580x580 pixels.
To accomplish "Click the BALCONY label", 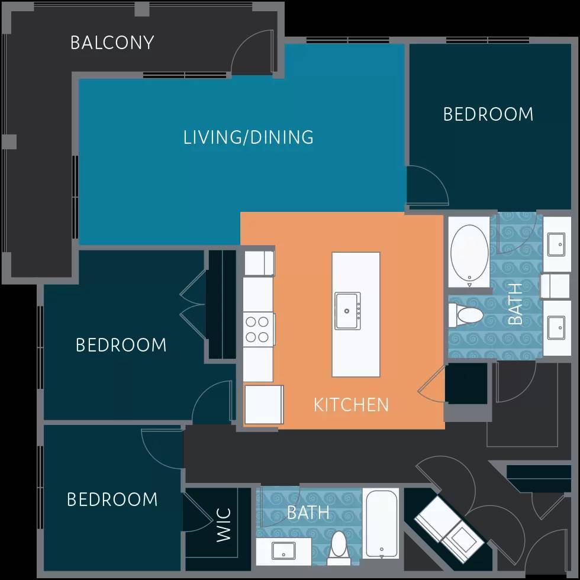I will pyautogui.click(x=112, y=43).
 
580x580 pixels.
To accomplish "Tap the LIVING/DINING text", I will pyautogui.click(x=249, y=137).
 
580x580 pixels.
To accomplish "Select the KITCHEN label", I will pyautogui.click(x=351, y=405).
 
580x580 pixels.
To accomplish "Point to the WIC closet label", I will pyautogui.click(x=224, y=524).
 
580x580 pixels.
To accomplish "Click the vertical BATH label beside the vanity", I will pyautogui.click(x=515, y=304).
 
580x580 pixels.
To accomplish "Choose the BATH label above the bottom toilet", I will pyautogui.click(x=308, y=512).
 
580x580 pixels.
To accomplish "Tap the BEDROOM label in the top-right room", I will pyautogui.click(x=488, y=114).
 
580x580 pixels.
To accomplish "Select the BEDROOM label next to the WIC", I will pyautogui.click(x=112, y=500).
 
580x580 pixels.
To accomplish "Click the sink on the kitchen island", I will pyautogui.click(x=347, y=310).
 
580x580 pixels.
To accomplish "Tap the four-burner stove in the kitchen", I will pyautogui.click(x=258, y=330).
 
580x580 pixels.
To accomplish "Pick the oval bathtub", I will pyautogui.click(x=469, y=252).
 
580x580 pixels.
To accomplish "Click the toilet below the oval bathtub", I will pyautogui.click(x=465, y=315).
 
